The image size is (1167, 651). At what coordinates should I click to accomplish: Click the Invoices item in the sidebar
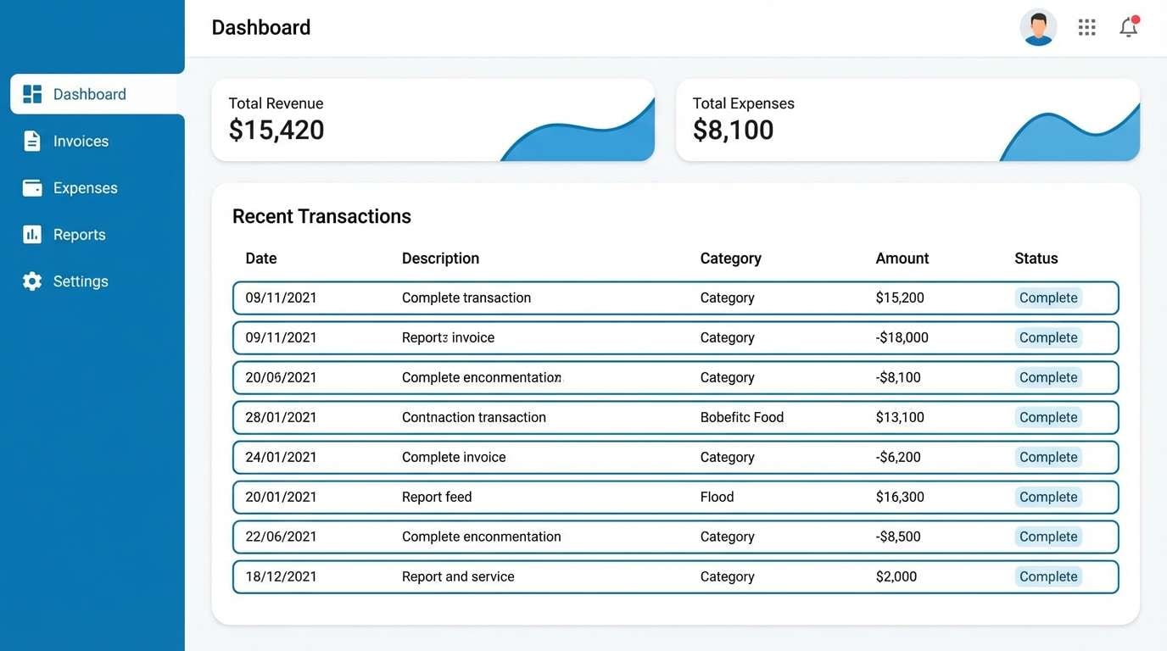[81, 142]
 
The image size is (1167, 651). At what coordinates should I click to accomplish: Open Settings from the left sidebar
[81, 281]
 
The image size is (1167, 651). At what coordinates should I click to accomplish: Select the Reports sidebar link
[79, 235]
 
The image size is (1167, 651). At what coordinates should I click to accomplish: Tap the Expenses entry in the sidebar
[85, 188]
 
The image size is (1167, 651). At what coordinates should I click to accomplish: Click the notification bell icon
[1128, 27]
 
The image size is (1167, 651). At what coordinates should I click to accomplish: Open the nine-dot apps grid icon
[1086, 27]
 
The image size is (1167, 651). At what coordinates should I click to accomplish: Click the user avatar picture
[1038, 27]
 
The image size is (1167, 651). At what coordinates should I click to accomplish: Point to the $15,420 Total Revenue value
[276, 130]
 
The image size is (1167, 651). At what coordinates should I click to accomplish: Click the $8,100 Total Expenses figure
[733, 130]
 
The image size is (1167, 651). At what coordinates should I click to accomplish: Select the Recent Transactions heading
[321, 216]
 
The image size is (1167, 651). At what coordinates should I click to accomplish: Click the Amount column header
[902, 259]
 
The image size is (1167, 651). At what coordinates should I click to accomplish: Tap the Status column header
[1036, 259]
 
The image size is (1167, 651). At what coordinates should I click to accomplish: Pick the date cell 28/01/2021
[281, 417]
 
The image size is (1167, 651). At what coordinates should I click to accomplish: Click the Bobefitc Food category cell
[741, 417]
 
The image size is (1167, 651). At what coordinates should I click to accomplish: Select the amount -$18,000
[902, 337]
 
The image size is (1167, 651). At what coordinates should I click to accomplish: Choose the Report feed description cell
[436, 497]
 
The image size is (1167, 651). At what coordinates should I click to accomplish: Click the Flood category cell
[717, 497]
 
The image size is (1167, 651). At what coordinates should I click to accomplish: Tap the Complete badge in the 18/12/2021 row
[1048, 576]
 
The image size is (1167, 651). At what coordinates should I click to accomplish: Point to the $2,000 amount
[896, 576]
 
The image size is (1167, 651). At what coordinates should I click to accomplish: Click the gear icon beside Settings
[32, 281]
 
